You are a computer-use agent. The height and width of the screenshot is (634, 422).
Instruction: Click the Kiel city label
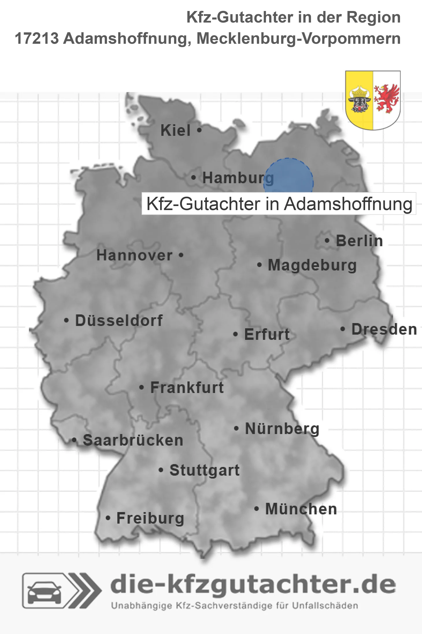175,130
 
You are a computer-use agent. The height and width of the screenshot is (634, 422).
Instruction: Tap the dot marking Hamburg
193,177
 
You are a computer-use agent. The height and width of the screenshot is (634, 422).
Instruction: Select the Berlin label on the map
359,241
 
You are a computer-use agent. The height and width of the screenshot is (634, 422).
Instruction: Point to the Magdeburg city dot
259,265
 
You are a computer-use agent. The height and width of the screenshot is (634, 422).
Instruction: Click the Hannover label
134,255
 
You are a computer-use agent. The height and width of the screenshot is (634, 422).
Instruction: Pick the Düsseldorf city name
119,320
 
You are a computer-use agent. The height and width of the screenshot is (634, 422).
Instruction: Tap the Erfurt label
267,334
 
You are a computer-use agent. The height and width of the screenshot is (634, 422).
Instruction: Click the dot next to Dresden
343,329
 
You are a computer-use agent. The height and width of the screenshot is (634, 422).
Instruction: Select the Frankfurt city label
187,388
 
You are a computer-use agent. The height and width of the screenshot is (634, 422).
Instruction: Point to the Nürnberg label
282,429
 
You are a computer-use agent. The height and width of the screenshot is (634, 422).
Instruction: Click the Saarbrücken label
133,440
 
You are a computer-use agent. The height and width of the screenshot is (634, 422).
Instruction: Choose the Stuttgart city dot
161,470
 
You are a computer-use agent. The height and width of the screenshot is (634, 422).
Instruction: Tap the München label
301,509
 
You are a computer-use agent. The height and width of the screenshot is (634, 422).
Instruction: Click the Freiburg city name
150,518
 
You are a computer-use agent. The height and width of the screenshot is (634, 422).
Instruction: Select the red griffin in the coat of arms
386,99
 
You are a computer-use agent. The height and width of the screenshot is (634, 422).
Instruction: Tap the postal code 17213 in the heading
37,38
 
